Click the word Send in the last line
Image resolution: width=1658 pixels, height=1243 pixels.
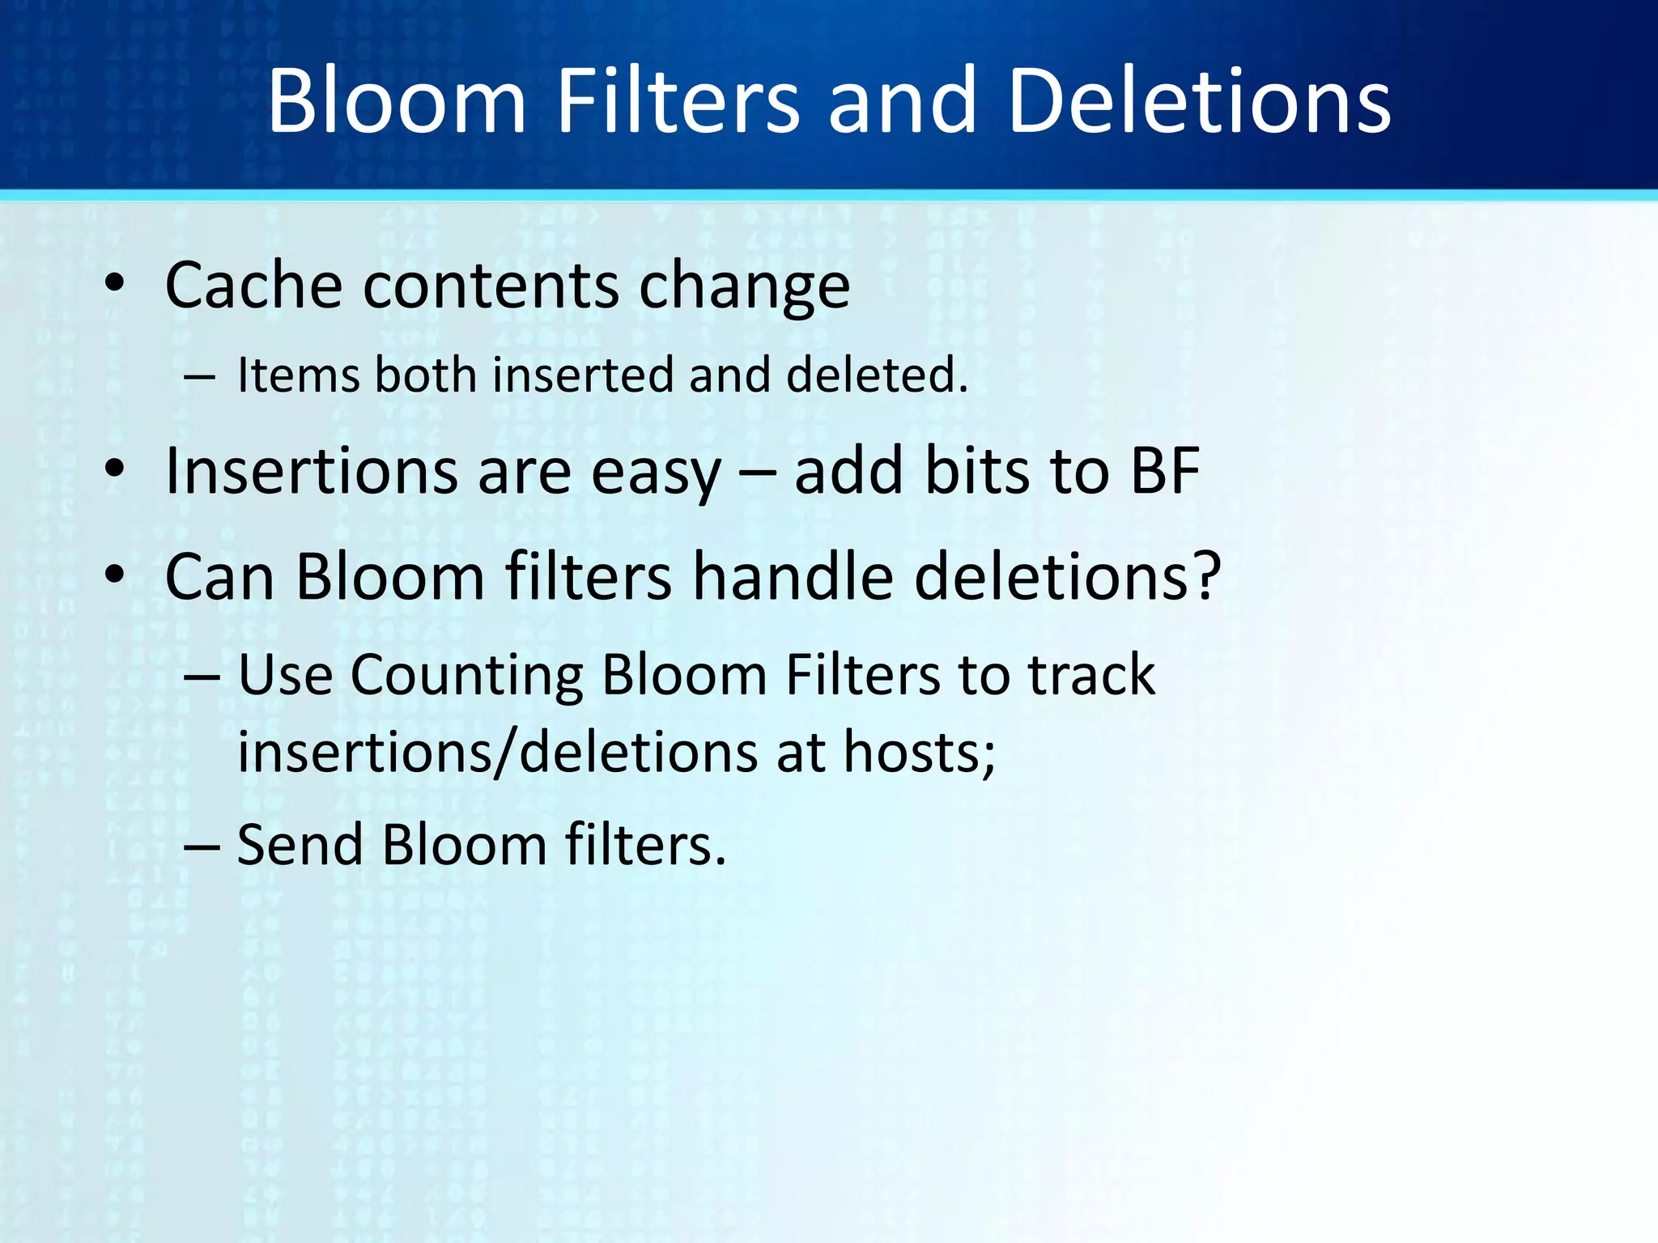tap(300, 845)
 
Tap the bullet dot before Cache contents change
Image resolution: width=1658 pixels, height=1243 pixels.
tap(115, 283)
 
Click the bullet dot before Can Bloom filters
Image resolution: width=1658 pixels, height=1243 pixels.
tap(115, 574)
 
